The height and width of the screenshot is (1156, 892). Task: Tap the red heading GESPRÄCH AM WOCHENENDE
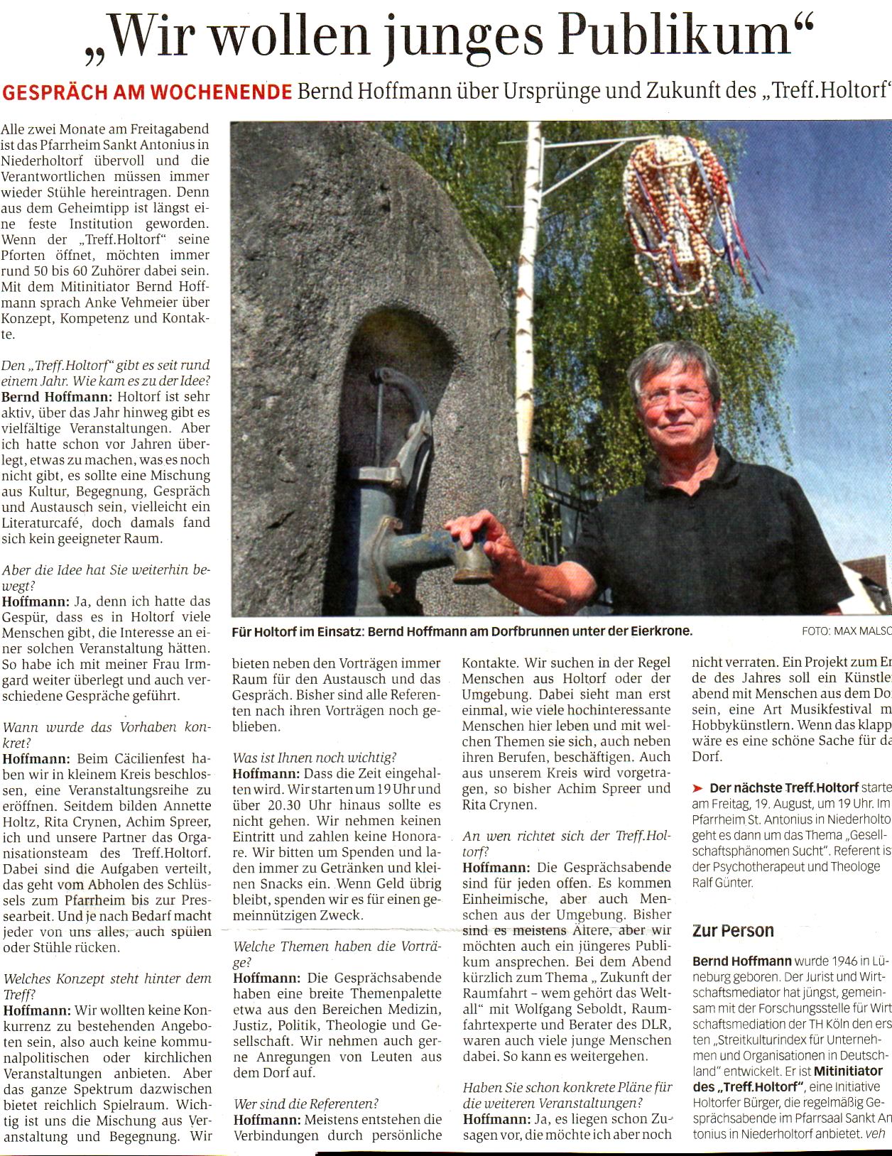click(x=147, y=92)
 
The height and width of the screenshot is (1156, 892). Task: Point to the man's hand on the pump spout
click(x=483, y=540)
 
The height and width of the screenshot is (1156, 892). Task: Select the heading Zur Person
click(x=733, y=931)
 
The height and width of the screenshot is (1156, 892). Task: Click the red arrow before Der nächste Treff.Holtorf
click(x=698, y=788)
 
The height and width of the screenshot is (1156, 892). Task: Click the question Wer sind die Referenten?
click(x=306, y=1103)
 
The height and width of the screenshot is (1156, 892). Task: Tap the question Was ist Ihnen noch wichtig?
click(x=315, y=758)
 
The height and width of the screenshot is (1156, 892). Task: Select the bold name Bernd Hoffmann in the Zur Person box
click(x=741, y=961)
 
